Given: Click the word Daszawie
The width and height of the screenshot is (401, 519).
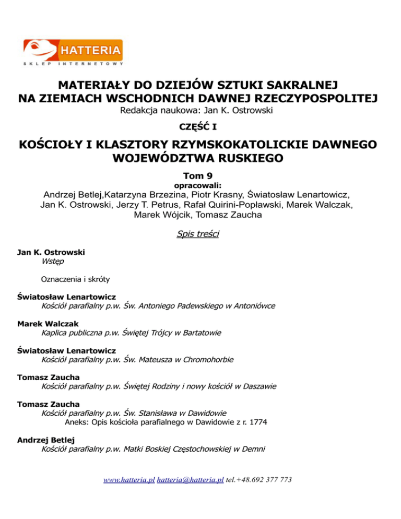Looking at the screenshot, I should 258,387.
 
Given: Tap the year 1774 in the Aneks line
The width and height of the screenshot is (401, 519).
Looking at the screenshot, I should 257,422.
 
